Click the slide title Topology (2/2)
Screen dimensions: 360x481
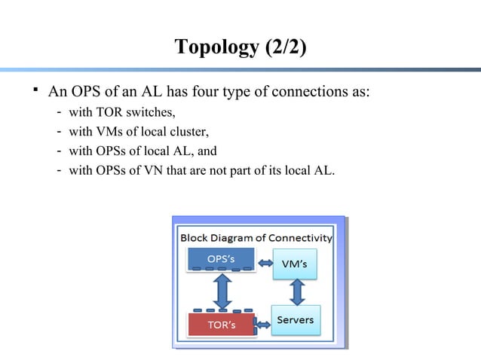(240, 47)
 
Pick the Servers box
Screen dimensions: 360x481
(296, 321)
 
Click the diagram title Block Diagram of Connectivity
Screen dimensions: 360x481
(256, 238)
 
